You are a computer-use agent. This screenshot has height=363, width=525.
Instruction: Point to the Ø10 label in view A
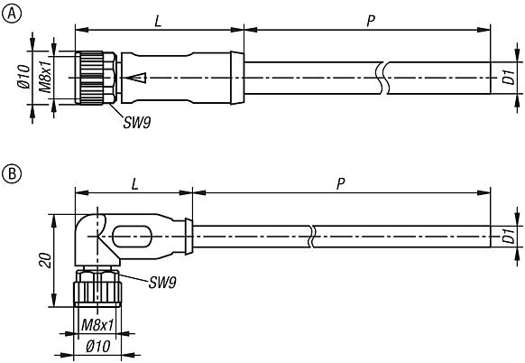pos(25,78)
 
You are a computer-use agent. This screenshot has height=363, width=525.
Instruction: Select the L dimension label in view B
pos(134,183)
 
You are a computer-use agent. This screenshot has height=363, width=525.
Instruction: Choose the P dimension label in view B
pos(340,183)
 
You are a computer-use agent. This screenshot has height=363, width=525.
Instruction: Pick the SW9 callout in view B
pos(162,283)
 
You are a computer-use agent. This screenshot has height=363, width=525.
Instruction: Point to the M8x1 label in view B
pos(97,325)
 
